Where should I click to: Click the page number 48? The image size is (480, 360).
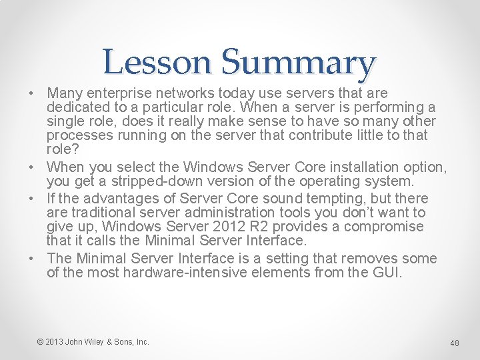pyautogui.click(x=455, y=343)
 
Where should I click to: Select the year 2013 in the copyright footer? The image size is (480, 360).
pyautogui.click(x=55, y=342)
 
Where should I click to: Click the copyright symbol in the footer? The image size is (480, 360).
pyautogui.click(x=41, y=342)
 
